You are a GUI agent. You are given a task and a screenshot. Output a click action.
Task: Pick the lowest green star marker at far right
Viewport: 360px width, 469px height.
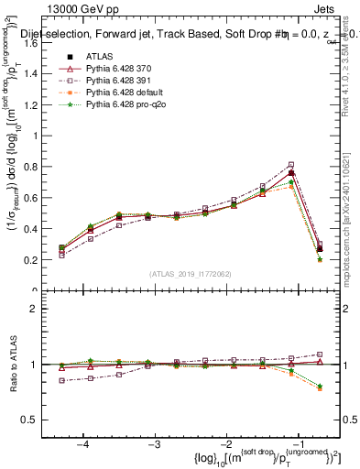click(x=320, y=259)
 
